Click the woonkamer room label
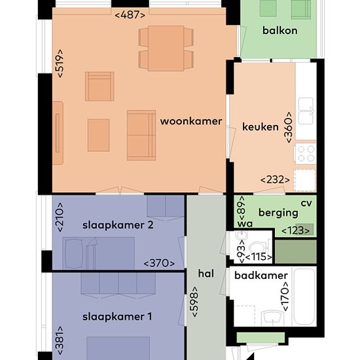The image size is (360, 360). (x=191, y=121)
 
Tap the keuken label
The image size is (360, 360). (x=261, y=127)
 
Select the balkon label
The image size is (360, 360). (x=280, y=31)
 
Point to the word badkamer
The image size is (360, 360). (x=261, y=276)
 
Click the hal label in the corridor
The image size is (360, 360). (x=206, y=274)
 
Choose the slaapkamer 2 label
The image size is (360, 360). (x=118, y=225)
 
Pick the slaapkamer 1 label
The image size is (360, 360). (x=117, y=317)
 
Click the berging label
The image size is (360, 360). (x=278, y=213)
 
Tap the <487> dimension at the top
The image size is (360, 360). (x=130, y=15)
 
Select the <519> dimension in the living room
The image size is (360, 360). (x=60, y=63)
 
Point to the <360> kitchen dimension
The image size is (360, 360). (x=289, y=128)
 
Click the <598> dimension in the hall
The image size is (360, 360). (x=194, y=302)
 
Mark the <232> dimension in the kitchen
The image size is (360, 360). (x=275, y=180)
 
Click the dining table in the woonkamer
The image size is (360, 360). (x=166, y=48)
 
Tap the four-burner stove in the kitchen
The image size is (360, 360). (x=306, y=154)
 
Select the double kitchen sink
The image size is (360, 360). (x=306, y=111)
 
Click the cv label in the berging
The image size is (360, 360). (x=306, y=203)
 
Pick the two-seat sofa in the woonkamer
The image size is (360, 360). (x=141, y=135)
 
